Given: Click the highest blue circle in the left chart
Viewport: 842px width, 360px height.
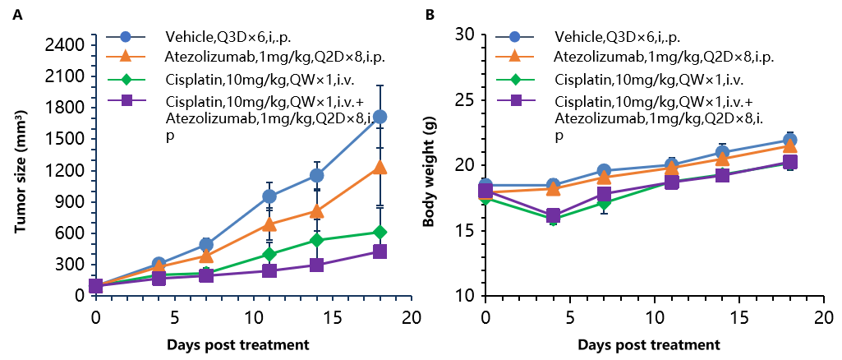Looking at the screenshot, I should point(380,117).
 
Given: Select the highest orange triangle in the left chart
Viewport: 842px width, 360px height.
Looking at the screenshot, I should point(380,167).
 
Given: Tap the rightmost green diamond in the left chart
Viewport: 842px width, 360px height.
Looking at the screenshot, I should point(380,233).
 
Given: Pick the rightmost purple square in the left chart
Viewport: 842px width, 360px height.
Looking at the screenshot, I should point(380,252).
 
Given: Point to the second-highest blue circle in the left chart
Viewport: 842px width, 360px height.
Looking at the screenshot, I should point(316,175).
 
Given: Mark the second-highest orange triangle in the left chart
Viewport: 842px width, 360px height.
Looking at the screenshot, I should point(316,211).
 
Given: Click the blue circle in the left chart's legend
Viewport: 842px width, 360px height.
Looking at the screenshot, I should point(126,37).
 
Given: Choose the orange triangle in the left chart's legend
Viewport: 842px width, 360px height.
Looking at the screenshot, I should point(126,56).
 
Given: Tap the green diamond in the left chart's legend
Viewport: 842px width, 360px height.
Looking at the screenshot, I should point(126,80).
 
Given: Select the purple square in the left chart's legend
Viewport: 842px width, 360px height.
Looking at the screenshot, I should point(127,100).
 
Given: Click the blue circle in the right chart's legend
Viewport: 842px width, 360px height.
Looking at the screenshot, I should point(515,37).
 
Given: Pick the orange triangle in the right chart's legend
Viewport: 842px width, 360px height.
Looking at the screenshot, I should point(515,56).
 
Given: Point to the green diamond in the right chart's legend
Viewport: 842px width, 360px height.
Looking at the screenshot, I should point(515,80).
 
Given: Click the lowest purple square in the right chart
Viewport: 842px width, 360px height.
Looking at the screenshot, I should point(554,215).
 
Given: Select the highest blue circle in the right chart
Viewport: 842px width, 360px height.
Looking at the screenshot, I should point(790,140).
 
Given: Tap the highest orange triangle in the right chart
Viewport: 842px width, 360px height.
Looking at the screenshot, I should point(790,146).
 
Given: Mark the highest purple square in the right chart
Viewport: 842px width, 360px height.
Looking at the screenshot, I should point(790,162).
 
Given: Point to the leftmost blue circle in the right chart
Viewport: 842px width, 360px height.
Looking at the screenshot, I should point(485,186).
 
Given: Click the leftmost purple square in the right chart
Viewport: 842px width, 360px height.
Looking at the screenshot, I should point(485,192).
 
